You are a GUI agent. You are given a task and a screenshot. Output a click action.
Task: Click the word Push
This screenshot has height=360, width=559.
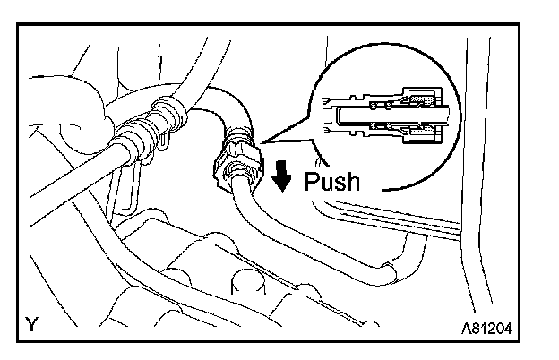click(331, 182)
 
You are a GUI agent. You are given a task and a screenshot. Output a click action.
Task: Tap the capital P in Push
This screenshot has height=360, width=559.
click(312, 182)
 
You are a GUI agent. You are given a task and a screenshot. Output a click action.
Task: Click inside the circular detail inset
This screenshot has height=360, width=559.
click(385, 112)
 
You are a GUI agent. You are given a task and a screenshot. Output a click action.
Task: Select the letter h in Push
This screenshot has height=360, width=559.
click(352, 182)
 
